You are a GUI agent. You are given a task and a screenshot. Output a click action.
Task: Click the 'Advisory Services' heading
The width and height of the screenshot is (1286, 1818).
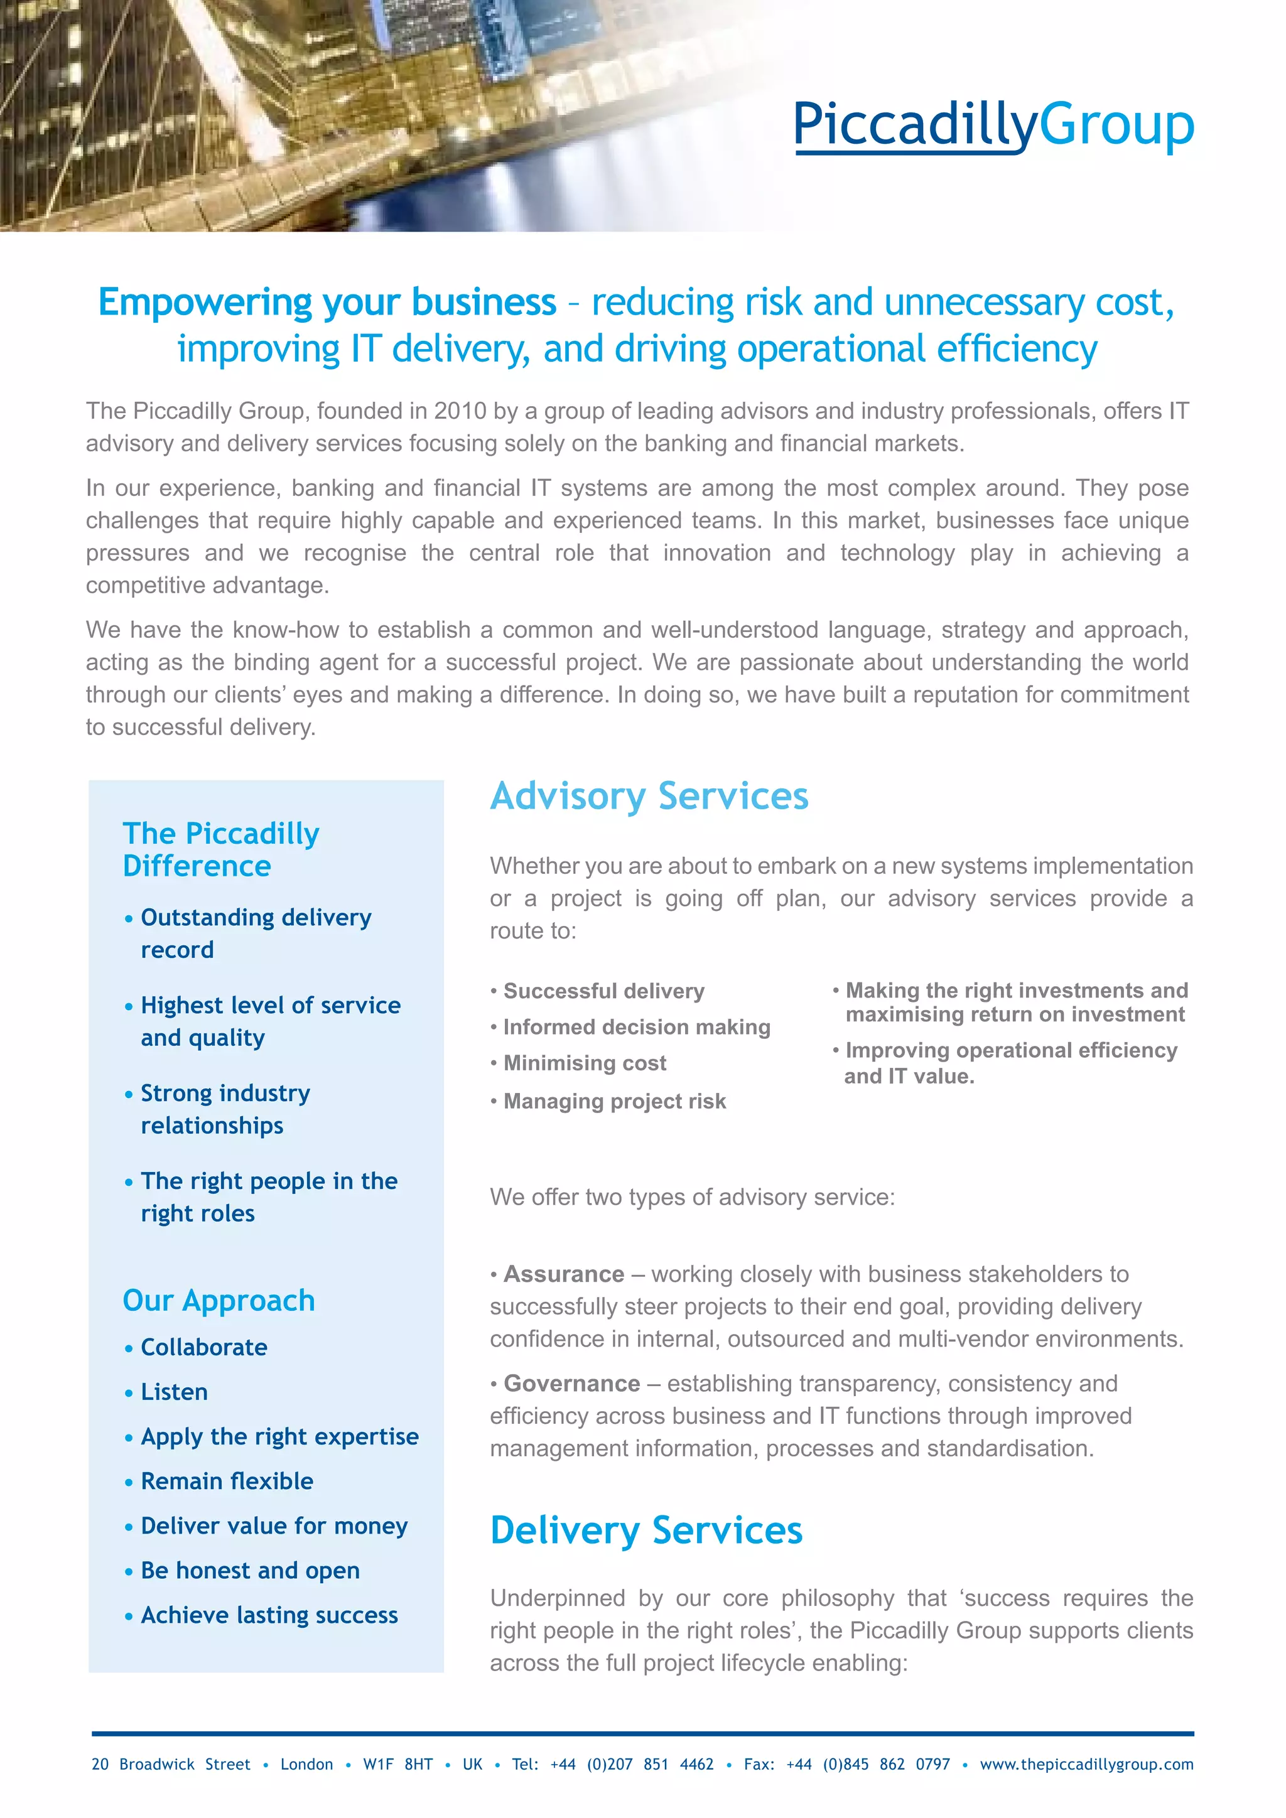(x=649, y=796)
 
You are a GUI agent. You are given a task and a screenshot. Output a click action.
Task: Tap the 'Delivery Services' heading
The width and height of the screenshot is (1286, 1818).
(x=646, y=1530)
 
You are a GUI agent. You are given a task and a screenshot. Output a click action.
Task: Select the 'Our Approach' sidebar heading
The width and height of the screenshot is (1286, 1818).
(x=219, y=1300)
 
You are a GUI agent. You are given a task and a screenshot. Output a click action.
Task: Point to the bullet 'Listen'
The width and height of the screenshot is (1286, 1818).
(x=174, y=1391)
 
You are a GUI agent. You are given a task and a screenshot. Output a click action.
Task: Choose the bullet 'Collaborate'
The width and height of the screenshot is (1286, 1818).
(x=203, y=1347)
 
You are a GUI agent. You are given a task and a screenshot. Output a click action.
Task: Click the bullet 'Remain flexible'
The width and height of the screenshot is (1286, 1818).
(x=227, y=1481)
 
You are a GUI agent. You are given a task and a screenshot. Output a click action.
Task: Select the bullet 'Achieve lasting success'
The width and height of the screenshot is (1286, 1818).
(x=269, y=1615)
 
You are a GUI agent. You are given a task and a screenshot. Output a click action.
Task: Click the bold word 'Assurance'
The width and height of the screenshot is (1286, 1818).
(x=564, y=1274)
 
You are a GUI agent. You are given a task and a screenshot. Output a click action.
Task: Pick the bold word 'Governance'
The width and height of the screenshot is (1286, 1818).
(x=572, y=1384)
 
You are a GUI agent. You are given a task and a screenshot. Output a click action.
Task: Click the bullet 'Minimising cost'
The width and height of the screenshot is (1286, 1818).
(x=585, y=1063)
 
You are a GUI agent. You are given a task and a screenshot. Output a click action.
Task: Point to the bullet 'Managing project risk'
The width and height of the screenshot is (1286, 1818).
(x=615, y=1102)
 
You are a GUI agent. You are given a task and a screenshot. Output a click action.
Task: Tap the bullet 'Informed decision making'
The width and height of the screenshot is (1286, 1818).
(x=637, y=1027)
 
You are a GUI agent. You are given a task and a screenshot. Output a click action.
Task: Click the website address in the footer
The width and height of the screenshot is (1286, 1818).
(x=1086, y=1764)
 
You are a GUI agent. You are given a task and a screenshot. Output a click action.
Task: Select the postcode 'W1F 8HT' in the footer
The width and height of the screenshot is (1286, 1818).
(x=397, y=1764)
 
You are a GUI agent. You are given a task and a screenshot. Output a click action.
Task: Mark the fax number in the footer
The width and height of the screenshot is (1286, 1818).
(x=868, y=1764)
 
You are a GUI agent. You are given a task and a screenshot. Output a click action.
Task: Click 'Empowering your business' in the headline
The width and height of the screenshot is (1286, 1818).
(x=327, y=302)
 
